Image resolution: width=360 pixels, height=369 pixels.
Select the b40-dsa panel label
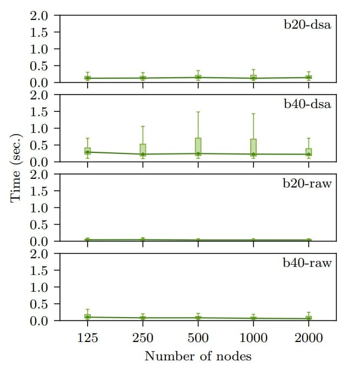click(306, 104)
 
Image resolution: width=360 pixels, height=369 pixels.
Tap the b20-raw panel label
click(306, 183)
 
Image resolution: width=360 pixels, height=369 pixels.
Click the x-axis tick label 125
click(88, 338)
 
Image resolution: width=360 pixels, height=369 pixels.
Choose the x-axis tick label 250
click(143, 338)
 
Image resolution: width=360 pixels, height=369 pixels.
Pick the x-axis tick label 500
click(198, 338)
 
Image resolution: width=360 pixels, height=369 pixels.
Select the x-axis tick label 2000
click(309, 338)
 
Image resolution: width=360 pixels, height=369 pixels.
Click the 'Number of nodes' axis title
click(198, 356)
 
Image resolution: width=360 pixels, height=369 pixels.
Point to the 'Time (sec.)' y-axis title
click(16, 167)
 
